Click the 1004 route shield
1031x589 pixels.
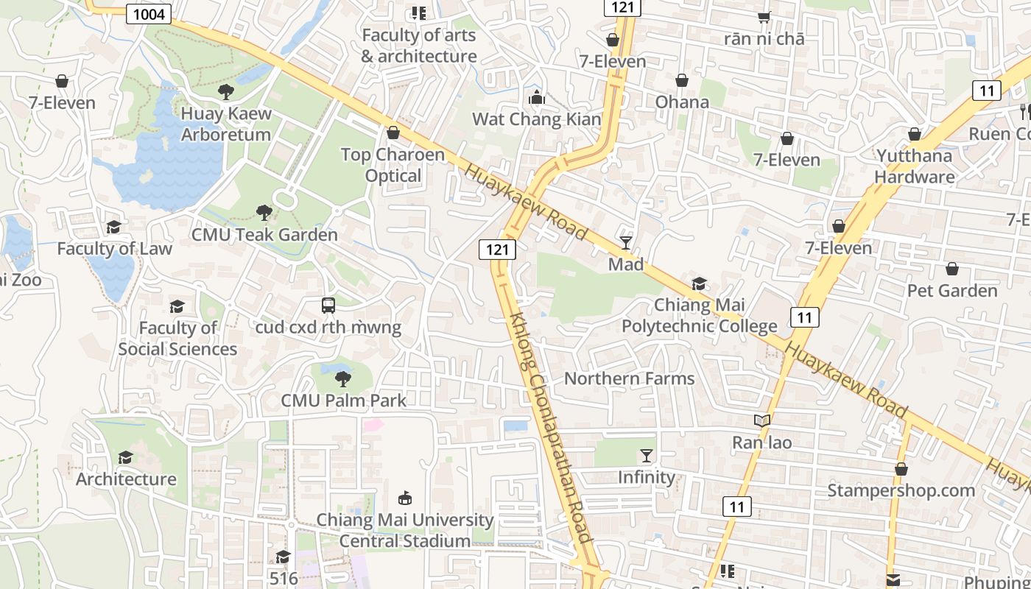(149, 14)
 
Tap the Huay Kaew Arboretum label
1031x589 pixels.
(226, 124)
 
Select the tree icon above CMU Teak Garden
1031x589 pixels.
(264, 213)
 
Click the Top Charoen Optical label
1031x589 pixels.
(393, 165)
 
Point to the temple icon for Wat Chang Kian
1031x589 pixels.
(536, 97)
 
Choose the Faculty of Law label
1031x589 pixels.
(114, 249)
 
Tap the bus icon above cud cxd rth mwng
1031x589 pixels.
(328, 305)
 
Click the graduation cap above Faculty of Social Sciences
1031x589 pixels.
(177, 306)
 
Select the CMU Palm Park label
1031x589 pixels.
(343, 401)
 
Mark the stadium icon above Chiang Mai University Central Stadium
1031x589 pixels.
(404, 498)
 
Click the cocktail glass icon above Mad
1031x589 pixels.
(626, 242)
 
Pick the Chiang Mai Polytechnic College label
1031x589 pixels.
(700, 315)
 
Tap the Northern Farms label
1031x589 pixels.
(629, 378)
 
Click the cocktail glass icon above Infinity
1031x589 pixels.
(647, 456)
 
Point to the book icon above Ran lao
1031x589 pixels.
(761, 421)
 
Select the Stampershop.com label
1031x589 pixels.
(901, 490)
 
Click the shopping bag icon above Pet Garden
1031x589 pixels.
(952, 269)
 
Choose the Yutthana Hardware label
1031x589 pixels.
(915, 166)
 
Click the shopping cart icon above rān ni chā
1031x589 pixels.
(764, 17)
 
